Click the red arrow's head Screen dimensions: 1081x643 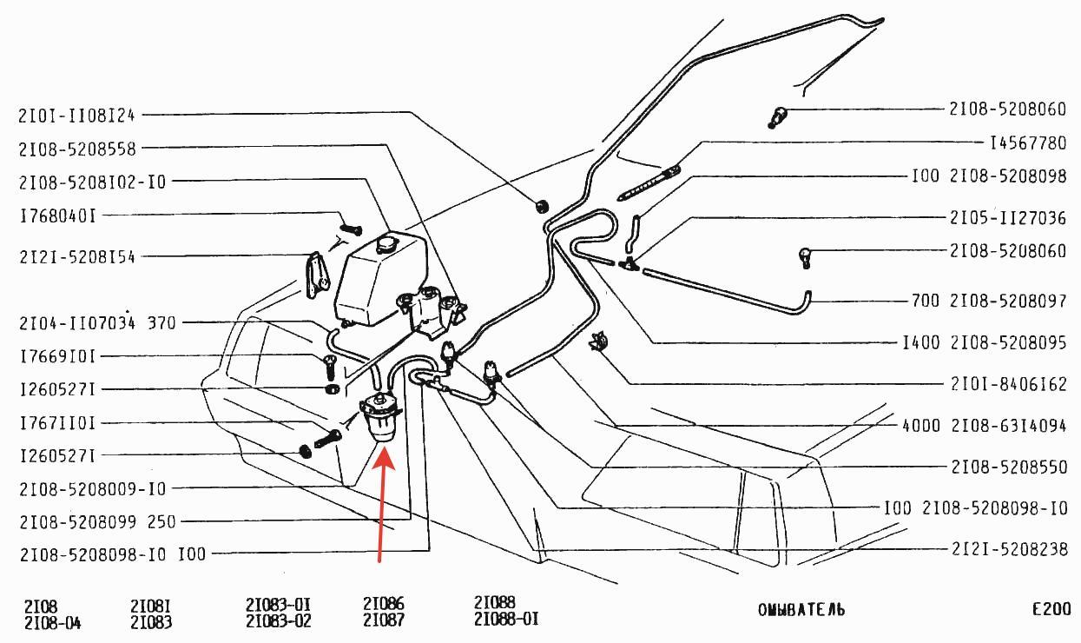(x=384, y=458)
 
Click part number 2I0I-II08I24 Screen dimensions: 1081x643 (x=76, y=116)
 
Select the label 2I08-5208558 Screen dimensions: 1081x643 (x=77, y=149)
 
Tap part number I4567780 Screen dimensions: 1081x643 (x=1028, y=143)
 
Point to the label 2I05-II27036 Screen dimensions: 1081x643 (x=1008, y=218)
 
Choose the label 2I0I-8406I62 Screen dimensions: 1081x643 (x=1009, y=385)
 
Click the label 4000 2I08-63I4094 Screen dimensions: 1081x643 (x=984, y=426)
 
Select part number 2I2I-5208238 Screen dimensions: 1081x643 (x=1009, y=549)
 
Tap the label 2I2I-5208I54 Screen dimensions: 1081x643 (x=77, y=257)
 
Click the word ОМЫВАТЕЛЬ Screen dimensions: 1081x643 (x=801, y=610)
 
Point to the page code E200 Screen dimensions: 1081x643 (x=1051, y=609)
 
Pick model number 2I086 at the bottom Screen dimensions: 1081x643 (x=384, y=603)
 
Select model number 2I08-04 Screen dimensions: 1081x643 (x=53, y=623)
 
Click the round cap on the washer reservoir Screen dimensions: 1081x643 (x=387, y=244)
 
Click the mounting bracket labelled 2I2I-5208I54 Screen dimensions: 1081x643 (x=317, y=275)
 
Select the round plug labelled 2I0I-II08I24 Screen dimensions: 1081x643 (x=543, y=206)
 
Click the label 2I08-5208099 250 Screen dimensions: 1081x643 (x=97, y=522)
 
